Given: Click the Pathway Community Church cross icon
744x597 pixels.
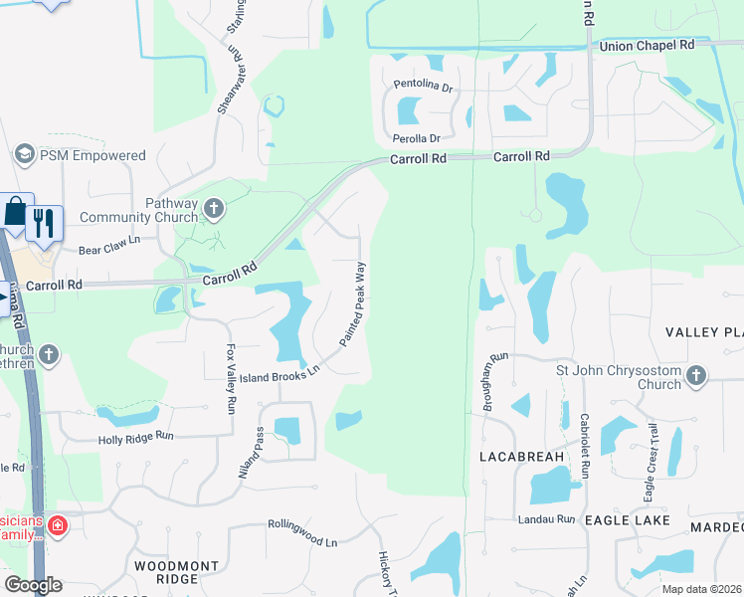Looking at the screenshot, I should (213, 208).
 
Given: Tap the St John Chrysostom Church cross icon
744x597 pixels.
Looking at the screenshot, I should (696, 376).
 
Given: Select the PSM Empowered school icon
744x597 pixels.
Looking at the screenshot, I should (24, 155).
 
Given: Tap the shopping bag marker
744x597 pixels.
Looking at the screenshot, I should (16, 211).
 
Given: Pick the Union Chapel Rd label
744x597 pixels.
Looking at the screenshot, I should (647, 46).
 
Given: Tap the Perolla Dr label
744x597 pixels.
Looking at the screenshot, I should (417, 138).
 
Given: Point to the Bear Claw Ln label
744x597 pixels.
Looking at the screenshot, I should (110, 240).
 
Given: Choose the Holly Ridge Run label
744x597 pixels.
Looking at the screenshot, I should (136, 437).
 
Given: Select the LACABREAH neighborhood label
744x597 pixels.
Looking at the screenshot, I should (521, 457).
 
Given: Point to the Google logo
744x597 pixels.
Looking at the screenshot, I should (33, 585).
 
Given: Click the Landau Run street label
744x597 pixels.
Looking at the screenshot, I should (546, 519).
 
